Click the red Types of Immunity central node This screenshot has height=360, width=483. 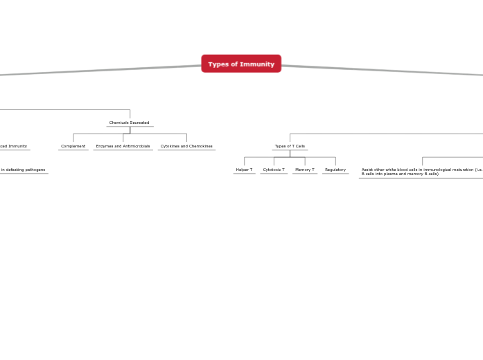(x=241, y=64)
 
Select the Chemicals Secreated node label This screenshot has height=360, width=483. (x=130, y=123)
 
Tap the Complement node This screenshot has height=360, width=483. (x=73, y=146)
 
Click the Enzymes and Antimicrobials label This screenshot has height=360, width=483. (x=123, y=146)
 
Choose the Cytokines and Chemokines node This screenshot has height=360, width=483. (x=186, y=146)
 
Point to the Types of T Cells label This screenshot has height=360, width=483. (x=290, y=146)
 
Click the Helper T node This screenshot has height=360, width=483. (x=244, y=170)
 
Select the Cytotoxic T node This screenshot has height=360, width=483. (x=274, y=170)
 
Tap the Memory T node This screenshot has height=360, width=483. (x=305, y=170)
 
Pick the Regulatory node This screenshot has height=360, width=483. (x=335, y=170)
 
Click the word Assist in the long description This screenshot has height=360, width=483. (x=367, y=170)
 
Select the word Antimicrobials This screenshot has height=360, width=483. (x=137, y=146)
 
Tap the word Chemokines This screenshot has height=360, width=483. (x=201, y=146)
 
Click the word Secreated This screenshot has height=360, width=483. (x=139, y=123)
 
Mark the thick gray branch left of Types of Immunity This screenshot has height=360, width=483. (x=104, y=70)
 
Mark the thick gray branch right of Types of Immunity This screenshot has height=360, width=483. (x=381, y=70)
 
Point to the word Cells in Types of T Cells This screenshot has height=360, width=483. (x=299, y=146)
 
